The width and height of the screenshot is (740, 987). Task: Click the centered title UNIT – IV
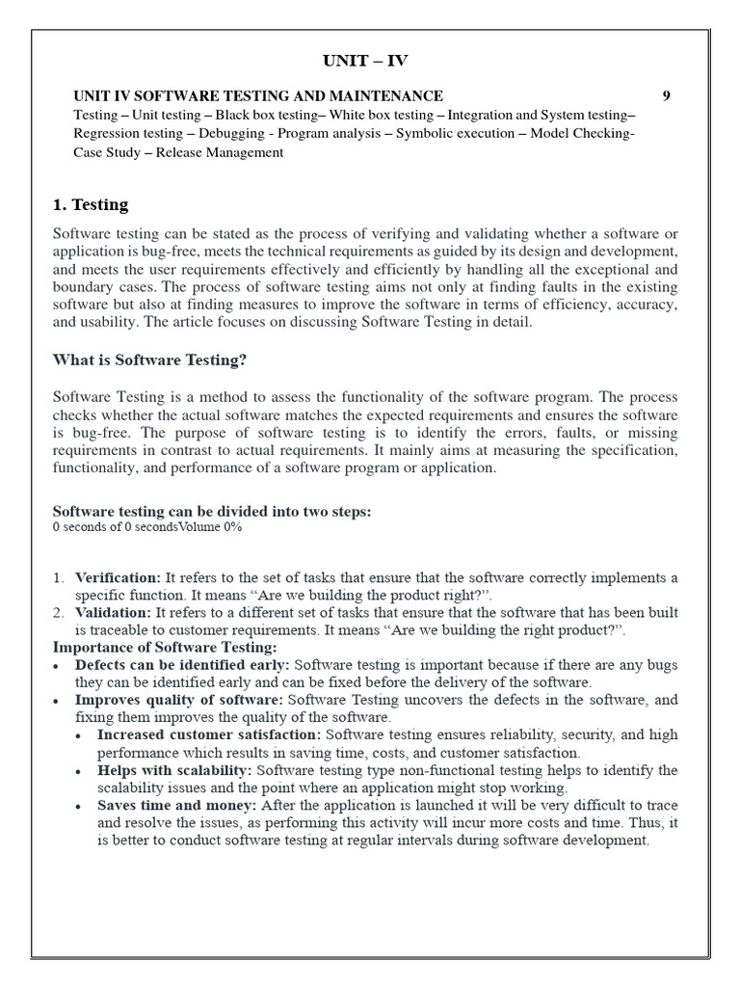pos(364,62)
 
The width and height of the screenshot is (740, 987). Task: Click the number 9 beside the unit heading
pos(667,95)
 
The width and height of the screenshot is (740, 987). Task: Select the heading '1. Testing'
pos(90,204)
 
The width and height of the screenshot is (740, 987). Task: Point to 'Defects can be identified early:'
pos(182,665)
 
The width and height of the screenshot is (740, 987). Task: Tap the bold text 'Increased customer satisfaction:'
pos(209,734)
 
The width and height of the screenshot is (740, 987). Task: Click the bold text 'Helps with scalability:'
pos(174,770)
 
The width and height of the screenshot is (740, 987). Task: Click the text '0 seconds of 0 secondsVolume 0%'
pos(147,527)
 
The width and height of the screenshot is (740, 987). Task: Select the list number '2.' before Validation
pos(59,612)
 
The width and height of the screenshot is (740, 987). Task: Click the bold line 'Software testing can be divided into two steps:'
pos(211,511)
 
